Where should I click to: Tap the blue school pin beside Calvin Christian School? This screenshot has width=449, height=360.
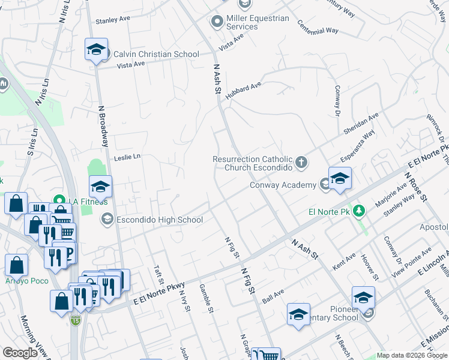(96, 50)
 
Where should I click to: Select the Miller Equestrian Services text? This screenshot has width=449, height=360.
(258, 23)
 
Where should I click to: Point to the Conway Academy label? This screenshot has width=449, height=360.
(283, 185)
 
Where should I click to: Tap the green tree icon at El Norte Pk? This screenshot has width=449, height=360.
(359, 211)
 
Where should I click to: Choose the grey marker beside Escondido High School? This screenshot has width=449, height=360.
(107, 219)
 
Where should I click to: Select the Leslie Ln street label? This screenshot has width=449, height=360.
(127, 157)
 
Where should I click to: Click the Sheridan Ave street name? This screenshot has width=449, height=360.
(361, 123)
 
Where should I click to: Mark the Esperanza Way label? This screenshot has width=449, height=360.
(358, 146)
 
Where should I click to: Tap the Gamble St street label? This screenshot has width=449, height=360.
(205, 298)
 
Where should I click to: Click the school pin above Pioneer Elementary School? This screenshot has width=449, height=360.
(363, 297)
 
